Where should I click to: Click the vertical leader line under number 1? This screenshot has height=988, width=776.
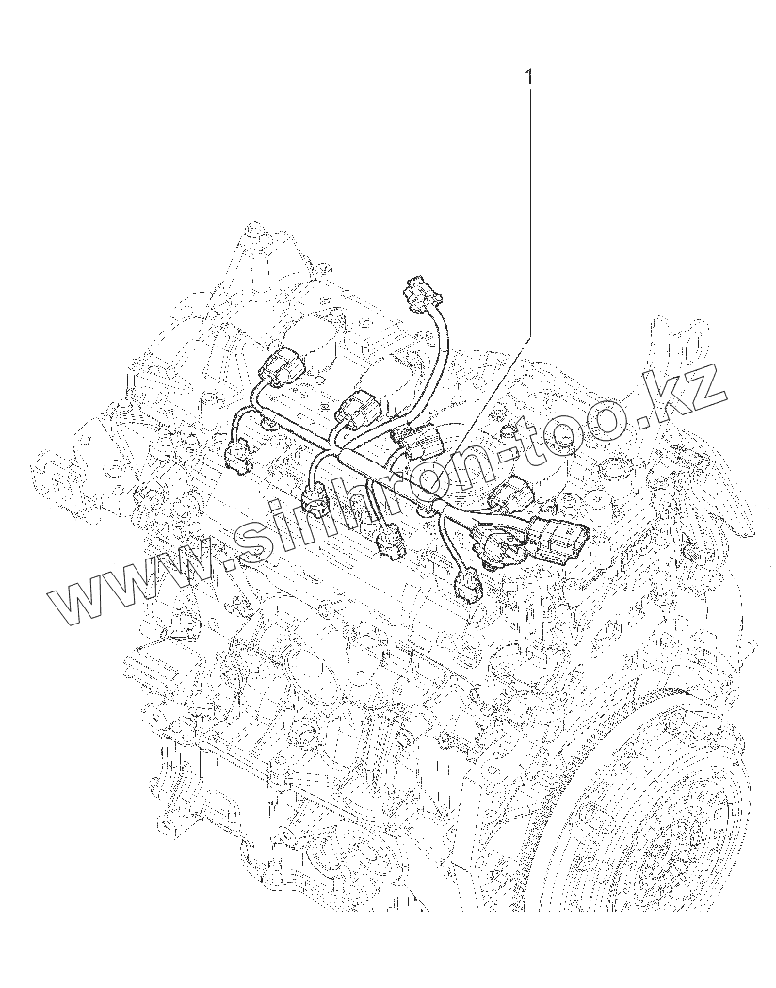529,212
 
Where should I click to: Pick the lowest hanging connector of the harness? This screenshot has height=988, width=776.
467,587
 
